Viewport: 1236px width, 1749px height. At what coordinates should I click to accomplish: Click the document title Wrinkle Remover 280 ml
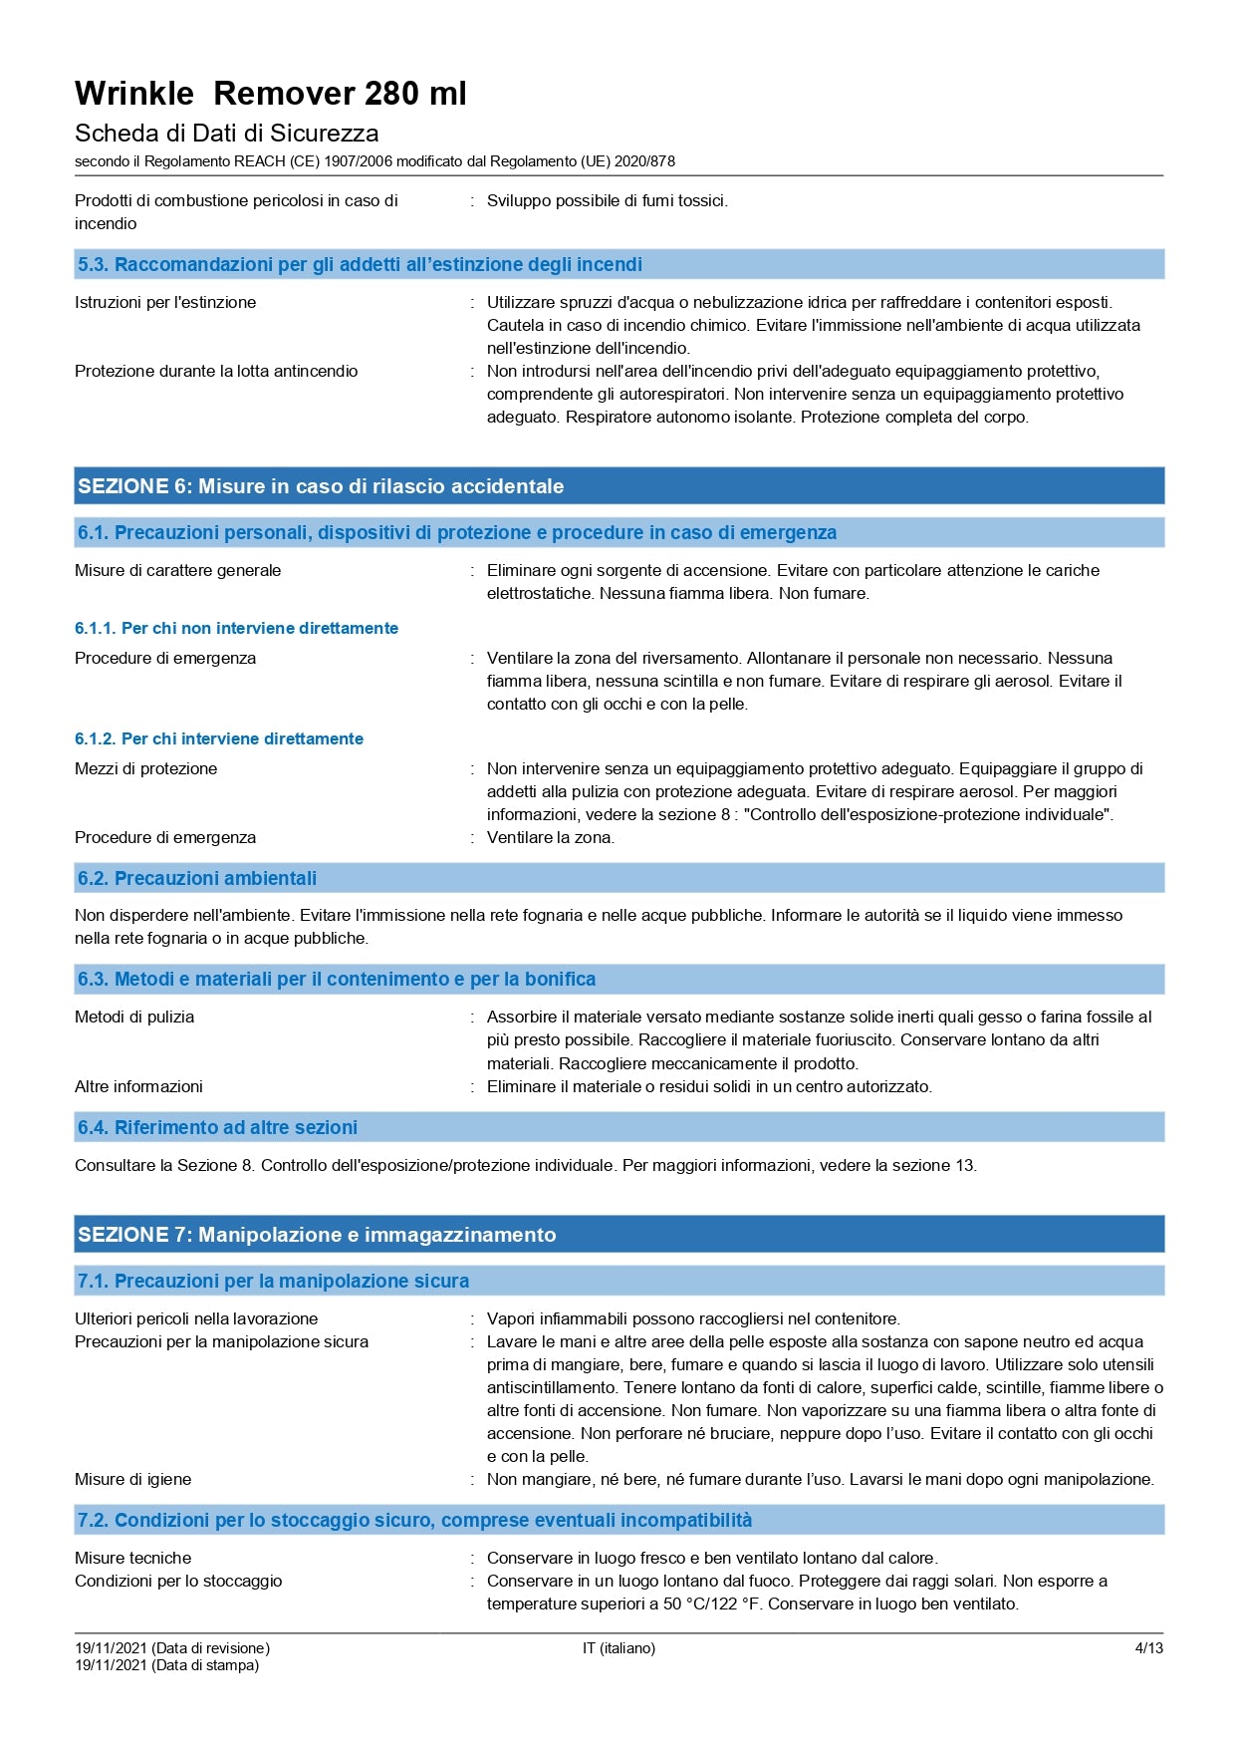point(270,94)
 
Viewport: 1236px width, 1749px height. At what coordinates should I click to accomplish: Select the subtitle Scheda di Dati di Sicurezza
point(226,134)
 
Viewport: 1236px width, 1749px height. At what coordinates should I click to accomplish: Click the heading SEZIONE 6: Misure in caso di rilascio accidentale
point(321,486)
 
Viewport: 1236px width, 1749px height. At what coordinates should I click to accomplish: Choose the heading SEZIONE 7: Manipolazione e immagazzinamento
point(317,1235)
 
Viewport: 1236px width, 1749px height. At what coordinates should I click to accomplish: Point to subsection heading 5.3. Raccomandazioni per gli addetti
point(360,264)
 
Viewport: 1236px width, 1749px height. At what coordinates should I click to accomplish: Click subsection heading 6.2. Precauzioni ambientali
point(197,878)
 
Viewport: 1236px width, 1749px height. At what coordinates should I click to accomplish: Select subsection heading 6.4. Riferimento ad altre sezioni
point(217,1127)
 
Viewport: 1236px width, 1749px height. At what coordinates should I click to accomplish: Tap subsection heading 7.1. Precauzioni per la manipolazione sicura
point(273,1281)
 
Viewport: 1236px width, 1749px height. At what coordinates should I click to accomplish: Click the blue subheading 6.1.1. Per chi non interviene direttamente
point(236,628)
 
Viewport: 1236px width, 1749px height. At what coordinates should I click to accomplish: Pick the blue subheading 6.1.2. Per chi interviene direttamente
point(219,738)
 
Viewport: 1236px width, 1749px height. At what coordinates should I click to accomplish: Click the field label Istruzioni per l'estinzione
point(165,302)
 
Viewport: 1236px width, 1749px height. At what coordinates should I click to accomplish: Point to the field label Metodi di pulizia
point(134,1017)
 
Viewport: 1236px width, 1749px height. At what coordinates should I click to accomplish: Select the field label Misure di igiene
point(133,1479)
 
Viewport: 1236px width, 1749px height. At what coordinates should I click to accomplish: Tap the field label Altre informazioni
point(138,1086)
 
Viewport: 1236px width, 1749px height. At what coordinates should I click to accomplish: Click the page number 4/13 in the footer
point(1148,1648)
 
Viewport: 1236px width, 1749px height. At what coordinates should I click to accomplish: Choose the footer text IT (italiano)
point(618,1648)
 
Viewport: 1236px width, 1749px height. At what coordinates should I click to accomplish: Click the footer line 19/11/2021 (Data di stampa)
point(166,1665)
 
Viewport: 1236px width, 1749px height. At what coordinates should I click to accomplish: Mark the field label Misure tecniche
point(133,1558)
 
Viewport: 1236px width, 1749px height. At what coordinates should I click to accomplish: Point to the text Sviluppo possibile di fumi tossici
point(608,200)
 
